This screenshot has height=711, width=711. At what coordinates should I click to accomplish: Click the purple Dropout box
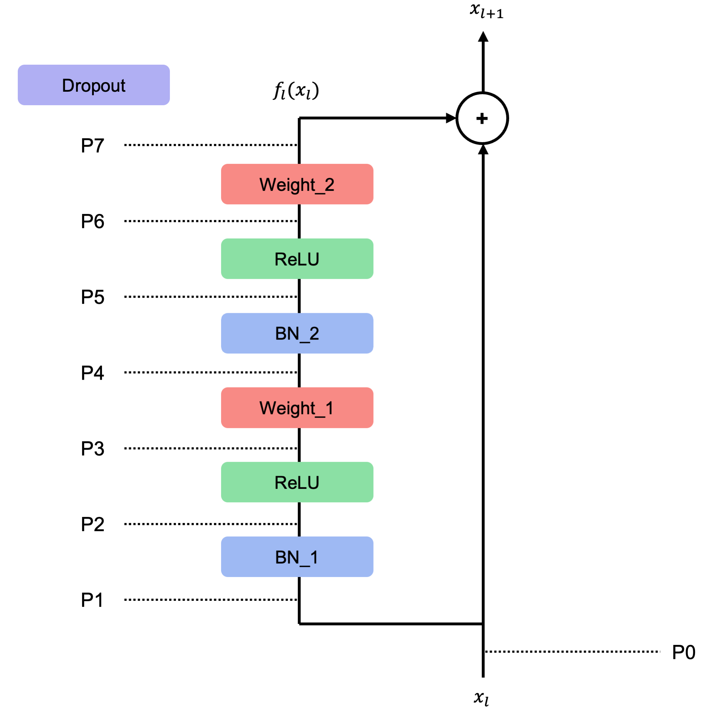click(x=93, y=85)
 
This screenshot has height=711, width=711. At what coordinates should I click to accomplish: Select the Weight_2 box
click(x=297, y=184)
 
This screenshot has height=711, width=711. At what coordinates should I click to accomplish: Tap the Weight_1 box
click(x=297, y=407)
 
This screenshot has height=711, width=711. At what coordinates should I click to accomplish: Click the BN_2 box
click(x=297, y=333)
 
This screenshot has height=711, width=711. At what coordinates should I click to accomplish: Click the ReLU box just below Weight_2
click(x=297, y=259)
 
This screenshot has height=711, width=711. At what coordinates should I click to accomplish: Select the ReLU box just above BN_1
click(x=297, y=482)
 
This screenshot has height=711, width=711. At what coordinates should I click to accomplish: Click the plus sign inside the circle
click(x=482, y=118)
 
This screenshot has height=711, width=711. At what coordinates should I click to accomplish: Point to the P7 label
click(x=92, y=145)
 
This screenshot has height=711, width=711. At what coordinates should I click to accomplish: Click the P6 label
click(x=92, y=221)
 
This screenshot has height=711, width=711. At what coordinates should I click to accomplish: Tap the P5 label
click(x=92, y=296)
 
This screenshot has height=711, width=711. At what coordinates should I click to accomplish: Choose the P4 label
click(x=92, y=373)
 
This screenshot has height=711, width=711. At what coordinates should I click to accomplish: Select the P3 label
click(x=92, y=448)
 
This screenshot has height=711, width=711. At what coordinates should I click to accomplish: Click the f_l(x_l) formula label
click(x=296, y=91)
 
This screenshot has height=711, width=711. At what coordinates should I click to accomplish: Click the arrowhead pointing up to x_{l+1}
click(x=483, y=37)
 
